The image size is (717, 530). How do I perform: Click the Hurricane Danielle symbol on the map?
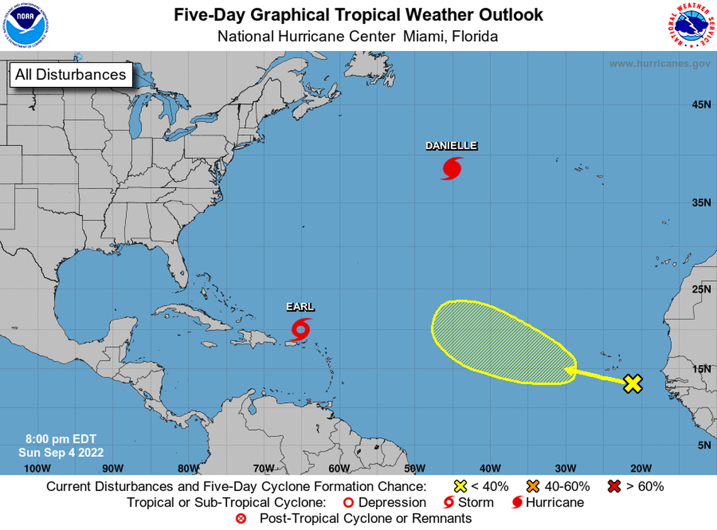click(451, 169)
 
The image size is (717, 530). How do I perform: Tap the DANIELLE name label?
click(451, 146)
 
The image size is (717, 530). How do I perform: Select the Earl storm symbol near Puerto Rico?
click(301, 329)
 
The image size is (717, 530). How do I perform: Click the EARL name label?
click(300, 307)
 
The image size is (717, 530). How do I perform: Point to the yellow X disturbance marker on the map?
click(633, 383)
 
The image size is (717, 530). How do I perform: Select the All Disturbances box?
click(70, 74)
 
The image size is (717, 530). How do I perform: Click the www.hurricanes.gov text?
click(660, 64)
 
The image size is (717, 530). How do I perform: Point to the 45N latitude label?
click(701, 104)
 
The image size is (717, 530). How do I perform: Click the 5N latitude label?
click(703, 445)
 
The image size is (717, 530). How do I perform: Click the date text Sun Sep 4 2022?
click(61, 452)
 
